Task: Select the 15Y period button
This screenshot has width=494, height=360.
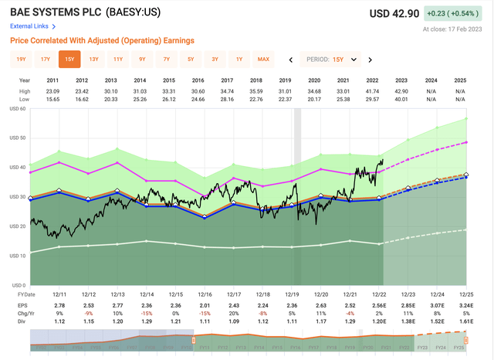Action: click(69, 59)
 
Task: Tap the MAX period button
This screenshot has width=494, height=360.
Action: click(263, 59)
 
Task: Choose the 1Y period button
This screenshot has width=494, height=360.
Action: click(239, 59)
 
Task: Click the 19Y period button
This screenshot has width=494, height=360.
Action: click(21, 59)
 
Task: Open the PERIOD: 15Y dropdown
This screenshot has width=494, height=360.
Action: click(334, 59)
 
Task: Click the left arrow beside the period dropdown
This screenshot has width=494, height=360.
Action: click(290, 59)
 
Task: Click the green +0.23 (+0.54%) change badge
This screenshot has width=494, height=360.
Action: click(457, 13)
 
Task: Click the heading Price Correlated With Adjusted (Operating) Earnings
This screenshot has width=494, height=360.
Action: click(102, 40)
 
